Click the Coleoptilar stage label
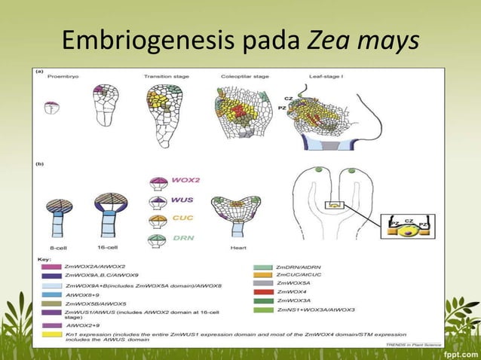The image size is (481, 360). coord(245,76)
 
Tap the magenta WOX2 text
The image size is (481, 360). coord(186,182)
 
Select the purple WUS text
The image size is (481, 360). coord(184,200)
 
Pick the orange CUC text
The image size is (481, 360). coord(183,219)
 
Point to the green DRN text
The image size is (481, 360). coord(184,238)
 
